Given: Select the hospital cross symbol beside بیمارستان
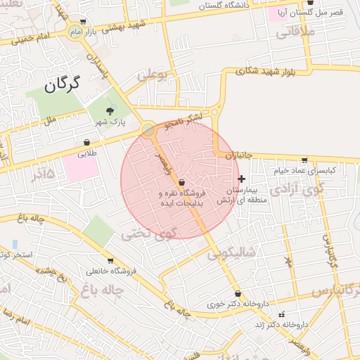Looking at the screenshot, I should (x=242, y=179).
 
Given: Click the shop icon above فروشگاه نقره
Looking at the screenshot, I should (x=182, y=183).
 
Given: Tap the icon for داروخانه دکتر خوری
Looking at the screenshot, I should (x=238, y=294).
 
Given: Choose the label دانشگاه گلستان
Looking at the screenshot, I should (x=224, y=6).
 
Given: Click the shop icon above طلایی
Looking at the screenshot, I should (x=86, y=143).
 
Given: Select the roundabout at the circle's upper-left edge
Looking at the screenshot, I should (x=148, y=129).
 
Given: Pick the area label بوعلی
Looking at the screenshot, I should (x=153, y=75).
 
